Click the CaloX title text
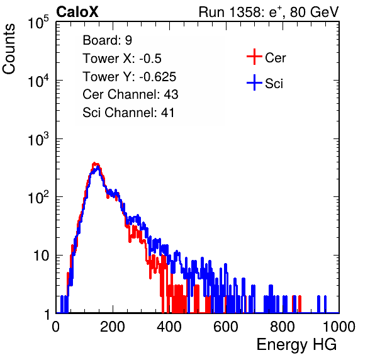click(x=77, y=12)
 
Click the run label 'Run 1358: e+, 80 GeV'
click(x=269, y=12)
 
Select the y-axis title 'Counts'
click(x=9, y=49)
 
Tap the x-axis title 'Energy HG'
click(x=296, y=345)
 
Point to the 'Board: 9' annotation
click(x=107, y=40)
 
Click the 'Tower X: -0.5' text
click(x=122, y=59)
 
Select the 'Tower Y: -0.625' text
click(x=130, y=77)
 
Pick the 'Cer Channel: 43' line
click(x=130, y=94)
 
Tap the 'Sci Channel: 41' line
click(x=128, y=113)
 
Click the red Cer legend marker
click(x=254, y=57)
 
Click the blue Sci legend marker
click(x=254, y=82)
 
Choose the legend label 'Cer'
click(x=275, y=58)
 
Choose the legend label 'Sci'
click(x=274, y=84)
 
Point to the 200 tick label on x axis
click(x=113, y=327)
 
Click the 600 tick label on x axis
click(x=226, y=327)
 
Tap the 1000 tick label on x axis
click(x=339, y=327)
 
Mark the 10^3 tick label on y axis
click(x=38, y=138)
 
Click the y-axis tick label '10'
click(x=42, y=256)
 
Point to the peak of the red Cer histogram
click(x=94, y=164)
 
